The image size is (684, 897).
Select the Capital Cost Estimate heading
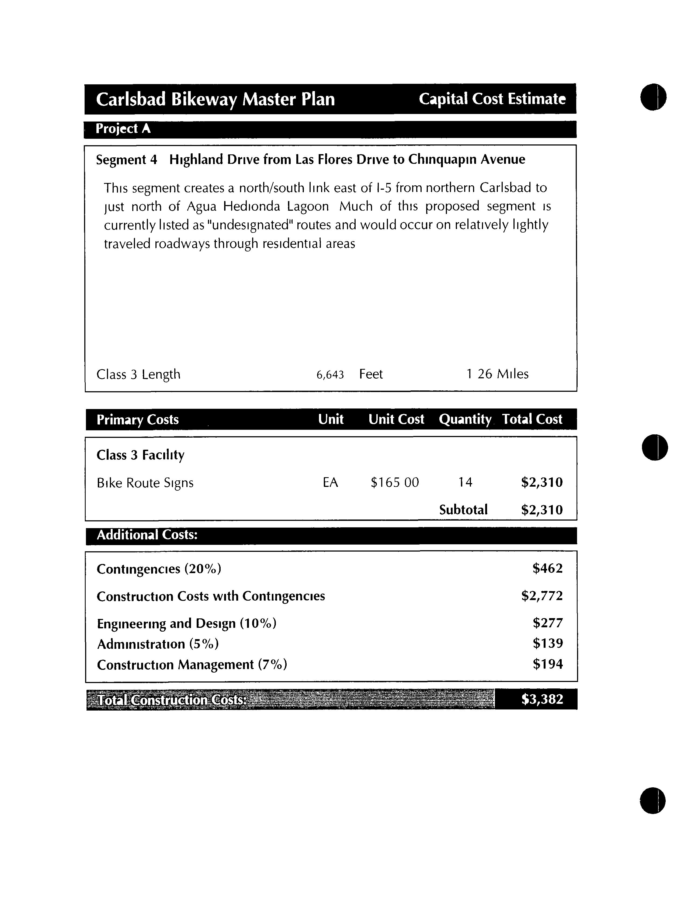tap(492, 99)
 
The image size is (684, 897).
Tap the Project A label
tap(123, 129)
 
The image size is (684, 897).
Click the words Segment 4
tap(126, 160)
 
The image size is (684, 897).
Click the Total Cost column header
tap(532, 419)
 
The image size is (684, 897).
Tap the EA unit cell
tap(330, 483)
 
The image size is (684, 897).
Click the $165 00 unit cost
tap(394, 483)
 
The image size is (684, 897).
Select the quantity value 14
tap(465, 483)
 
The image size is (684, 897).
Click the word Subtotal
tap(463, 510)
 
